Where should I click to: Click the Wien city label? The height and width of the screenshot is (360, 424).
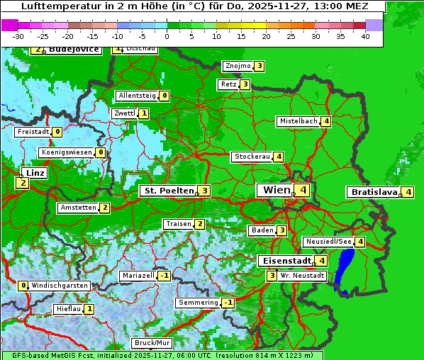tap(277, 190)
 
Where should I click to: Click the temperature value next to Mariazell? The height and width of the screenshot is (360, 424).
tap(164, 276)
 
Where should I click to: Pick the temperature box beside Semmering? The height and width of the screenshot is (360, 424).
tap(228, 303)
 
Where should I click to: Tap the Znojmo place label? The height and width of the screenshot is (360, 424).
tap(238, 66)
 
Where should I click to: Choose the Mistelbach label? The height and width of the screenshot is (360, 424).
tap(298, 121)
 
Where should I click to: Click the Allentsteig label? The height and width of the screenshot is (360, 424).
tap(137, 96)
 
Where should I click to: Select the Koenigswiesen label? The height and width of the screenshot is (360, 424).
tap(67, 152)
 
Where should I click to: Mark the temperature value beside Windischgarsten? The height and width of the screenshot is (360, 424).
tap(23, 286)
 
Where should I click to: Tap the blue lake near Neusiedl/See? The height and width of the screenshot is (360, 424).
tap(345, 269)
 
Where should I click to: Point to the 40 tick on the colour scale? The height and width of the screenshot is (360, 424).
tap(365, 36)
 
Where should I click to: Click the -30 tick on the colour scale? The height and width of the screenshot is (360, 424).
tap(18, 36)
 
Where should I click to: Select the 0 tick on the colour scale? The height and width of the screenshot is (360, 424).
tap(167, 36)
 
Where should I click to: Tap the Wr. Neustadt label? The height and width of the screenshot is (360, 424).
tap(298, 275)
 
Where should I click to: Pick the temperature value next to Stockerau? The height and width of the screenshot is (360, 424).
tap(279, 157)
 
